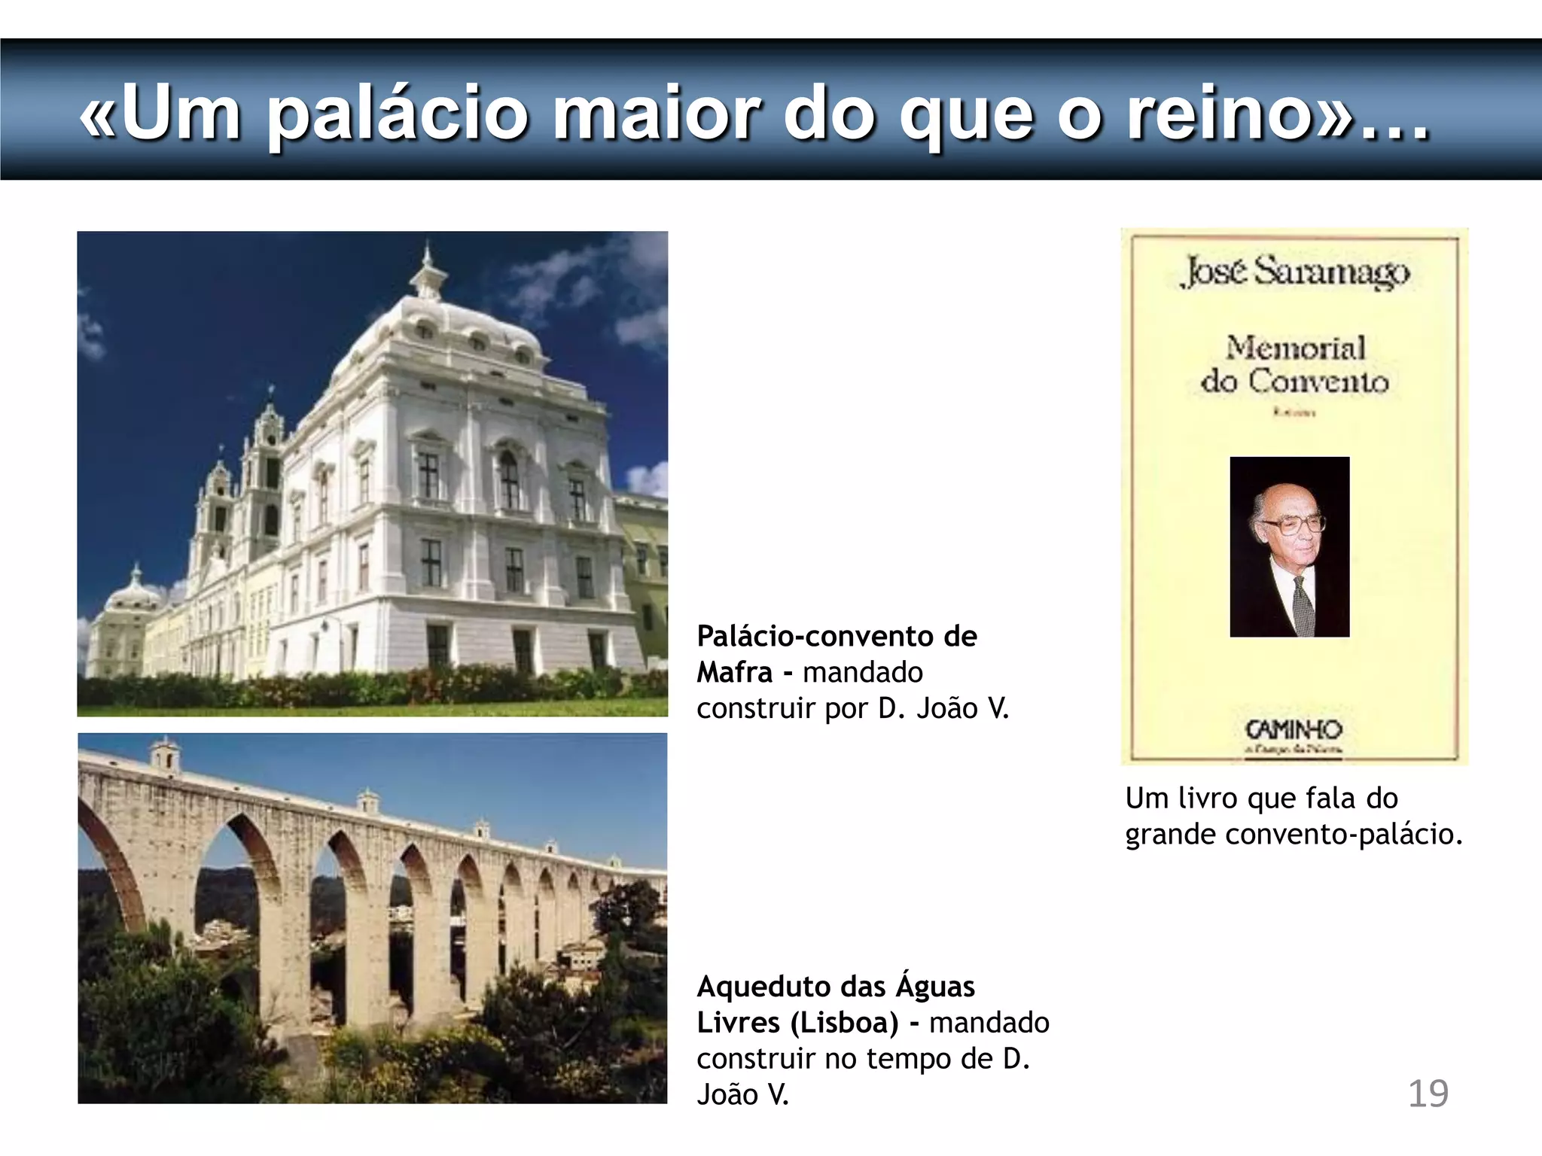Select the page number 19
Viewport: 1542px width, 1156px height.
tap(1428, 1094)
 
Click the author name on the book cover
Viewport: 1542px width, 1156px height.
tap(1296, 272)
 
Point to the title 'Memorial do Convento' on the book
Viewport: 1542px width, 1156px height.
tap(1295, 365)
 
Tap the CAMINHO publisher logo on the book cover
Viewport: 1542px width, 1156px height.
tap(1294, 730)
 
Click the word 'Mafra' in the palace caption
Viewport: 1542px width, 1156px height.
tap(734, 672)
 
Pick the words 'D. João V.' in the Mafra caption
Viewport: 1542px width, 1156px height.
tap(943, 708)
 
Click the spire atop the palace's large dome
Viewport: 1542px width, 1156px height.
tap(427, 271)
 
